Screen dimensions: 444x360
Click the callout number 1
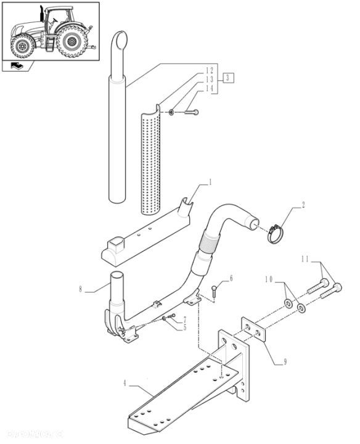point(210,182)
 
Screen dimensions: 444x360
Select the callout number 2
point(303,206)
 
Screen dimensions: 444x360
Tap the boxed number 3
point(228,78)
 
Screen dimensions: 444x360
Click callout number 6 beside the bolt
point(231,279)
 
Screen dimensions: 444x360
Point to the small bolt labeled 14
point(190,112)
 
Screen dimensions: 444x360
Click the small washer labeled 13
point(172,112)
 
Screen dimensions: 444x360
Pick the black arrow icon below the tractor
point(18,67)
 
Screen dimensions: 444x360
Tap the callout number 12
point(210,70)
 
